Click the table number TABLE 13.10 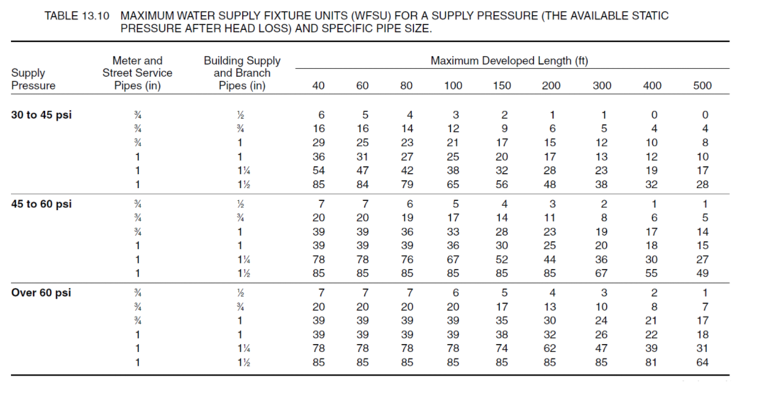[x=77, y=16]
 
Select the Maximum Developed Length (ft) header [x=509, y=61]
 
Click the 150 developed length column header [x=502, y=85]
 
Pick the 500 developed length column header [x=702, y=85]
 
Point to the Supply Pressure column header [x=33, y=79]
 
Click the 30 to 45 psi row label [x=41, y=114]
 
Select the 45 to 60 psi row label [x=41, y=204]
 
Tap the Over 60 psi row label [x=41, y=292]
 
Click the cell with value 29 [x=318, y=142]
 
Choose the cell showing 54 [x=318, y=171]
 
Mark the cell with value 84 [x=363, y=185]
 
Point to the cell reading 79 [x=407, y=185]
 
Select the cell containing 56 [x=502, y=185]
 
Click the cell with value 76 [x=407, y=259]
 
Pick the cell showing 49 [x=702, y=273]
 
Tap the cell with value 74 [x=502, y=348]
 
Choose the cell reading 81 [x=651, y=362]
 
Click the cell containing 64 [x=702, y=362]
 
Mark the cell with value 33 [x=453, y=231]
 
